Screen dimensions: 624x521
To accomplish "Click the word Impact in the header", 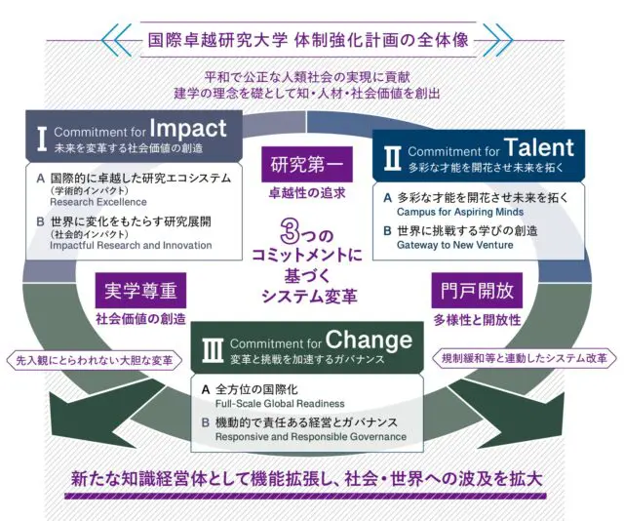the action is pos(188,129).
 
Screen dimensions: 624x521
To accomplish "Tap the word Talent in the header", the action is pos(539,147).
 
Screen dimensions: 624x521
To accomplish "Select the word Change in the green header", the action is pos(369,341).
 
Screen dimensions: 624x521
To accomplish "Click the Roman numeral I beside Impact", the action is pos(42,139).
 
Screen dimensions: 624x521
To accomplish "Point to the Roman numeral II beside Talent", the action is pos(392,158).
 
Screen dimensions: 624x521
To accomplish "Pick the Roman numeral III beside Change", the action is pos(213,350).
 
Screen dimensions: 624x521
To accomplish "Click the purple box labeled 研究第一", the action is pos(307,165).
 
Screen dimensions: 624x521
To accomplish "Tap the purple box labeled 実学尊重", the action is pos(140,291).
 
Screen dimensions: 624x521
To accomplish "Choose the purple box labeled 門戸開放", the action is pos(477,291).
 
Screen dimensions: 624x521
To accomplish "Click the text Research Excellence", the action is pos(98,202).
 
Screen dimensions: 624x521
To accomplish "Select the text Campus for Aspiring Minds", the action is pos(460,212).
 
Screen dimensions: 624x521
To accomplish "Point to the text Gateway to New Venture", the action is pos(455,245).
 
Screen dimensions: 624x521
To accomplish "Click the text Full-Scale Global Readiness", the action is pos(280,404).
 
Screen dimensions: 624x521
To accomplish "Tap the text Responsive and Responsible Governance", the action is pos(311,437).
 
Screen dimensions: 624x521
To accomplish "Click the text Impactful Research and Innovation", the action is pos(131,245).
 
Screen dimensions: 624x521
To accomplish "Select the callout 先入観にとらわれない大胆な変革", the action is pos(95,360).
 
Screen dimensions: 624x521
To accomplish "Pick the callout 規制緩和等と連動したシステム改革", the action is pos(525,358).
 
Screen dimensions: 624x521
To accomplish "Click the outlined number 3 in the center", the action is pos(290,231).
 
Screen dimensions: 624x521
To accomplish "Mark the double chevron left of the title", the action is pos(116,40).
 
